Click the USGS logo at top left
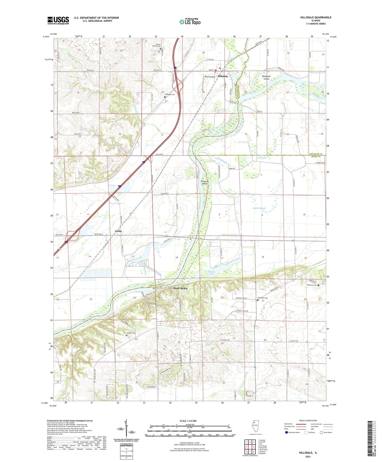click(x=58, y=20)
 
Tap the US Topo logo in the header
click(x=190, y=22)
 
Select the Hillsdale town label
click(x=223, y=76)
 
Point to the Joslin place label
click(x=118, y=231)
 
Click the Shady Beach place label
click(x=180, y=288)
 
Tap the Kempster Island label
click(x=266, y=77)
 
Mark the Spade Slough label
click(x=259, y=208)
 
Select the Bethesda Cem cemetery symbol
click(x=165, y=97)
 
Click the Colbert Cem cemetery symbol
click(x=127, y=336)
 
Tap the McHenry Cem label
click(x=311, y=285)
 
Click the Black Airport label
click(x=210, y=76)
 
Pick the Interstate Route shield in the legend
click(x=286, y=432)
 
